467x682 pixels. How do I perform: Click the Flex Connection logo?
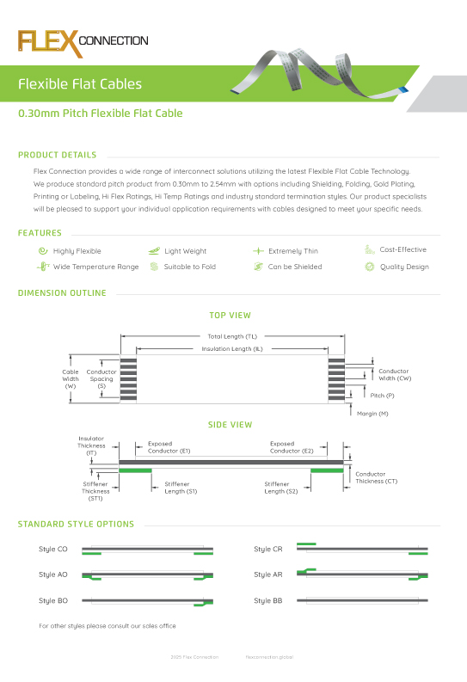click(83, 41)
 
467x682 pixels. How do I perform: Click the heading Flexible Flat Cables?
click(80, 84)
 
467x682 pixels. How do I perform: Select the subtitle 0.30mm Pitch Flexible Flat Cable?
click(100, 114)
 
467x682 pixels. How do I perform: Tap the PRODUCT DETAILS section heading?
click(57, 156)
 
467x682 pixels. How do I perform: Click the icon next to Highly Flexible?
click(42, 251)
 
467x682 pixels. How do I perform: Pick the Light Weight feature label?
click(185, 251)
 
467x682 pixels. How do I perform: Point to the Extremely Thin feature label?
click(292, 251)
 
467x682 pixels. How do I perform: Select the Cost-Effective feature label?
click(402, 249)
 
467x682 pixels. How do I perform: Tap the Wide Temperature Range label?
click(95, 267)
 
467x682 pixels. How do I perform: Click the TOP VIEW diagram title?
click(230, 316)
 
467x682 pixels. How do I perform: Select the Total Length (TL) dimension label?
click(232, 336)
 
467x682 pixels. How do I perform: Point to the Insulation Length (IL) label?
click(231, 349)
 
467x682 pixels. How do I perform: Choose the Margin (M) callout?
click(372, 414)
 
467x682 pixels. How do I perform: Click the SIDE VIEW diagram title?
click(230, 425)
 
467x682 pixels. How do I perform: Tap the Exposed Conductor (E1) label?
click(169, 447)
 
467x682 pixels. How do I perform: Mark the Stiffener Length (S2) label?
click(281, 488)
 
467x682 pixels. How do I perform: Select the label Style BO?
click(53, 600)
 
